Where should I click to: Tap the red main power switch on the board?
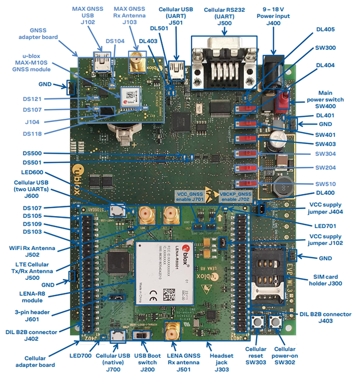click(282, 100)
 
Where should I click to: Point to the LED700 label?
click(80, 355)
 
